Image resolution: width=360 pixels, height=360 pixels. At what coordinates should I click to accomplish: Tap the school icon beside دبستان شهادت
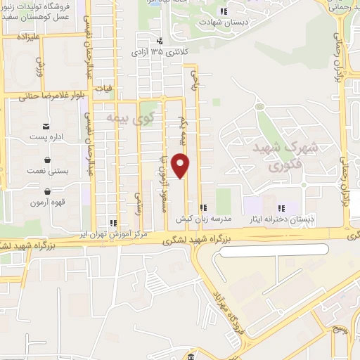[224, 11]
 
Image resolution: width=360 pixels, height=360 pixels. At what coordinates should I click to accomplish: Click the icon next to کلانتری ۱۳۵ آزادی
[160, 41]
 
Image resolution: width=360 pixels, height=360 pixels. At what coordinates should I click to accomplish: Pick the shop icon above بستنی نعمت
[46, 159]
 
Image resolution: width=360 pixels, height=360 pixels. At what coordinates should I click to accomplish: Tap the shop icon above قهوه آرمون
[46, 191]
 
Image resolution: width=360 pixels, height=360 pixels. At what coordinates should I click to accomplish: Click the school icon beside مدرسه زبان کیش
[202, 207]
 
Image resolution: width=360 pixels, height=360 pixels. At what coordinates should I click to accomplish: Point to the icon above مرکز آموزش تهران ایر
[113, 224]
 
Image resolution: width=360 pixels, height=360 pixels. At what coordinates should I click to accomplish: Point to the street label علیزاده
[18, 34]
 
